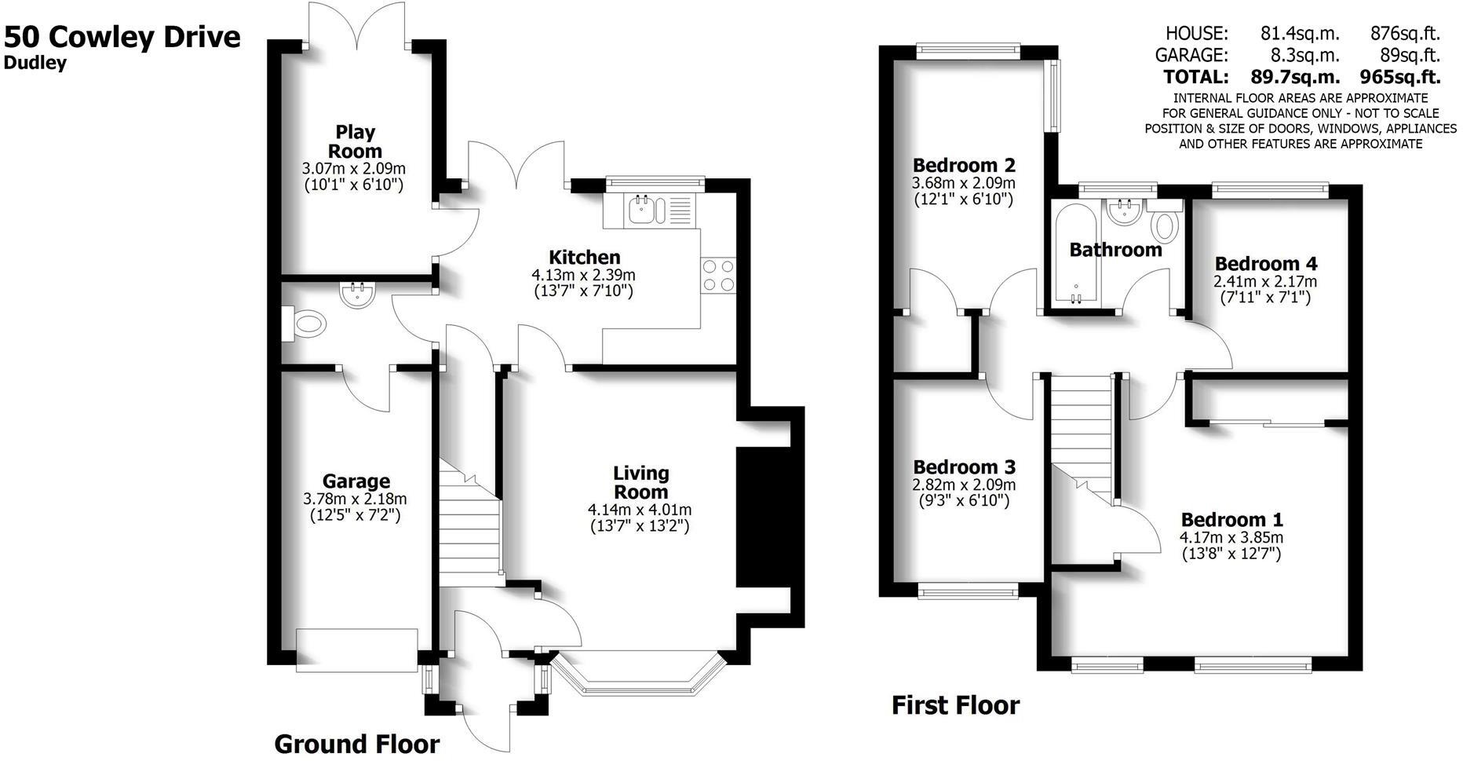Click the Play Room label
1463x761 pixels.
[355, 141]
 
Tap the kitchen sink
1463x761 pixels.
[647, 210]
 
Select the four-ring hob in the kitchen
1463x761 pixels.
[718, 276]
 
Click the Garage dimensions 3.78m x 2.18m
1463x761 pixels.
[355, 499]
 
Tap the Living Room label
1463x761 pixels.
[640, 482]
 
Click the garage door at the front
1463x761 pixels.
[356, 649]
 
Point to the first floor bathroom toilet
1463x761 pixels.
[1166, 224]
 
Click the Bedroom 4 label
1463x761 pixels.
[1265, 264]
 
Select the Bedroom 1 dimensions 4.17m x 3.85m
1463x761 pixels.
[1231, 538]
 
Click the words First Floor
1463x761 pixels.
[955, 705]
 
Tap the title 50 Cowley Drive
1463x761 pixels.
[122, 37]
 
